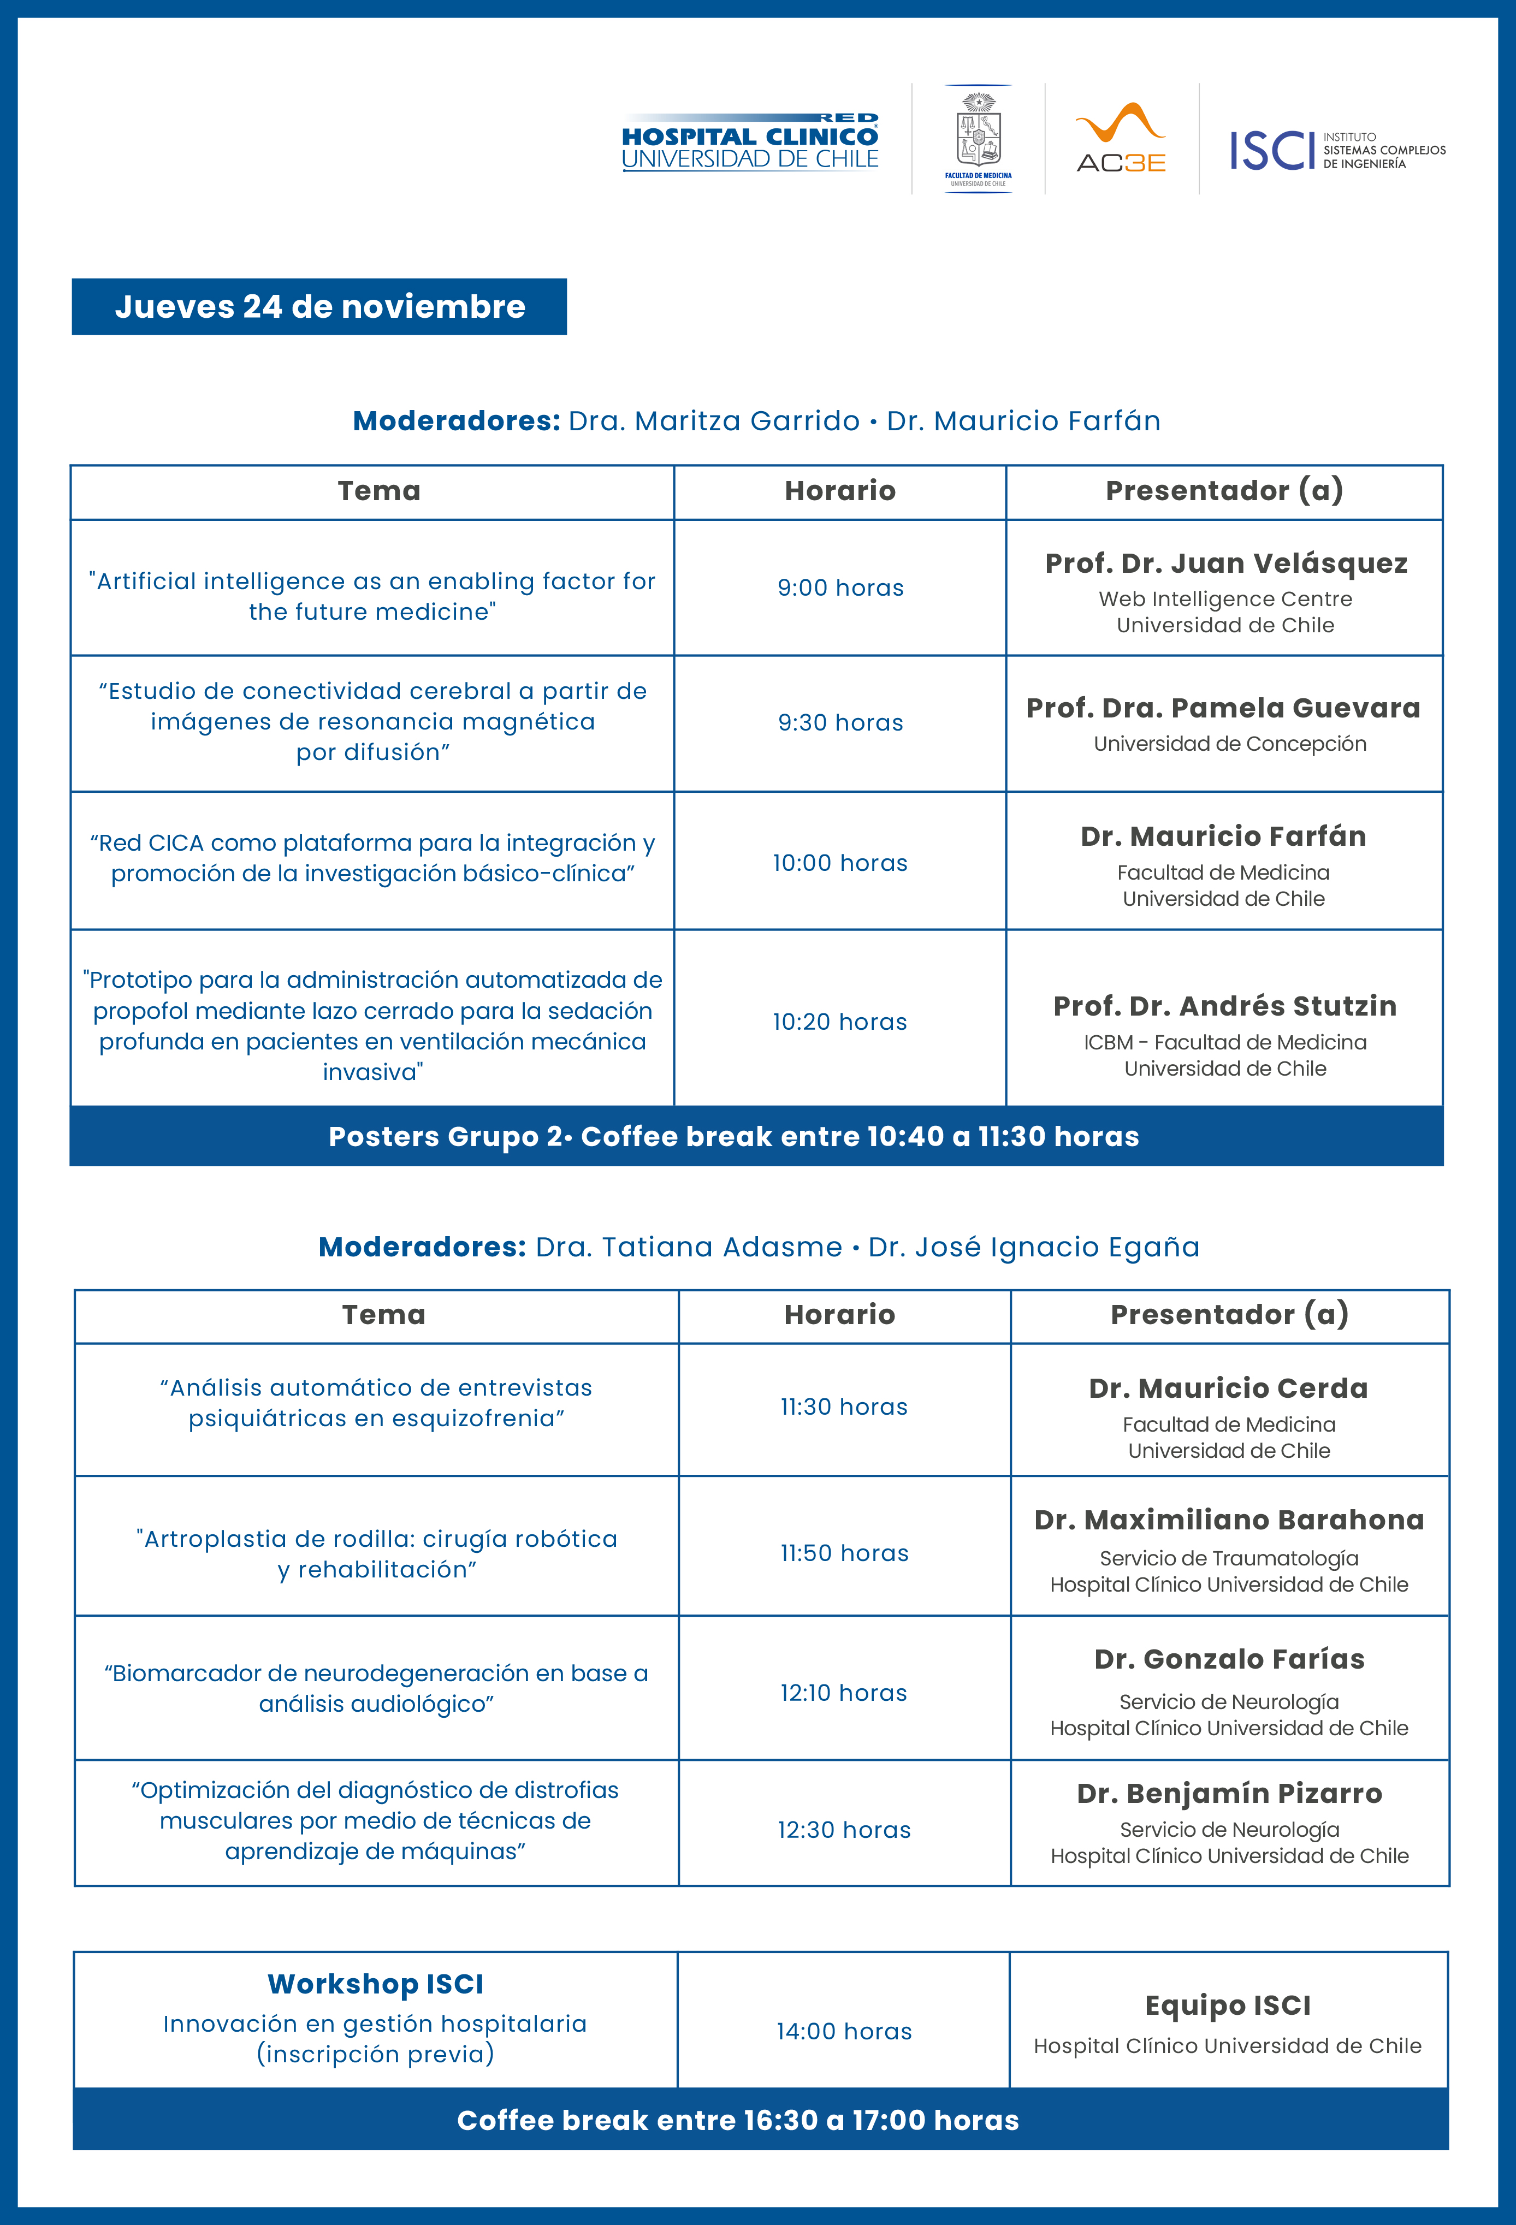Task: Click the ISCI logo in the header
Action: tap(1337, 150)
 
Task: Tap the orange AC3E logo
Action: tap(1121, 139)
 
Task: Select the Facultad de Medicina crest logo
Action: tap(978, 139)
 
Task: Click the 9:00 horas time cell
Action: tap(840, 588)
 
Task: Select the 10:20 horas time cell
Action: tap(840, 1022)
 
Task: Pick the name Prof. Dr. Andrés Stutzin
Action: tap(1225, 1006)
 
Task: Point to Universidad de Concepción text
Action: tap(1230, 744)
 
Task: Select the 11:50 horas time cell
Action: tap(844, 1553)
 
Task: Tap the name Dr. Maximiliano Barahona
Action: tap(1229, 1520)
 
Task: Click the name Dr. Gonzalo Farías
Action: tap(1229, 1659)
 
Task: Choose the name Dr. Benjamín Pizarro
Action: tap(1229, 1793)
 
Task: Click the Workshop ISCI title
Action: tap(375, 1984)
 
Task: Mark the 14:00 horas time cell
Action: tap(844, 2032)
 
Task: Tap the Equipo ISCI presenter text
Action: tap(1228, 2005)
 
